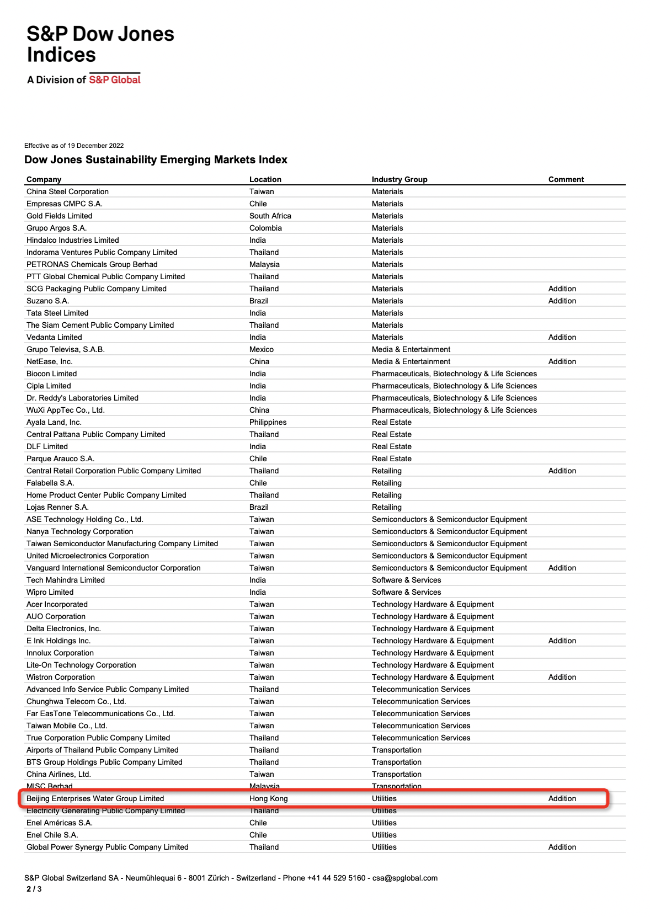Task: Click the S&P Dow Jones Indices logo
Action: point(100,54)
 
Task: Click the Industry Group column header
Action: point(399,179)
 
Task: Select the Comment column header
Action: point(566,179)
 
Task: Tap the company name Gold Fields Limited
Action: point(60,216)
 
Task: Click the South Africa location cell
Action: point(270,216)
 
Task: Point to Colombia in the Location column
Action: point(265,228)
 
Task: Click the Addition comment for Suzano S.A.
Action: point(562,301)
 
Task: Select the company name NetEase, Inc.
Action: point(50,361)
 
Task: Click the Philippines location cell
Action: point(268,422)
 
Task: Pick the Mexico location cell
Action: point(261,349)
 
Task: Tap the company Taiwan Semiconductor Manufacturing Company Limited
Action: point(122,543)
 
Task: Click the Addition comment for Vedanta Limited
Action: point(562,337)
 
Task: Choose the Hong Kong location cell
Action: point(268,798)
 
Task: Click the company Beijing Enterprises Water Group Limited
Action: point(95,798)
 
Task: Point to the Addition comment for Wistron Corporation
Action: point(562,677)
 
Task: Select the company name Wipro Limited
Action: point(50,592)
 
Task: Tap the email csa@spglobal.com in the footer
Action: point(404,878)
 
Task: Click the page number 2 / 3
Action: point(34,889)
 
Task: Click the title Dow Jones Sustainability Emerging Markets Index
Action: point(156,159)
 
